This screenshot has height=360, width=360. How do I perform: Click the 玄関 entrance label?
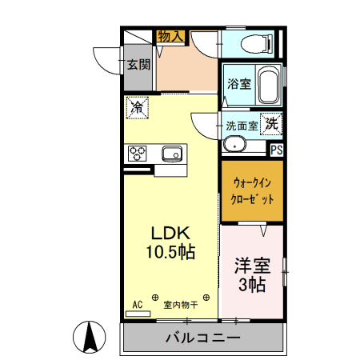pos(138,65)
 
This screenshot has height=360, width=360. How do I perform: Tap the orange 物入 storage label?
pos(171,36)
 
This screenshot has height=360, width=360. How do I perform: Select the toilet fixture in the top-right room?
pos(255,43)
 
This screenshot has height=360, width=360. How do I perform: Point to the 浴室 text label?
pos(238,83)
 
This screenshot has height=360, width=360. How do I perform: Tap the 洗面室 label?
pos(240,125)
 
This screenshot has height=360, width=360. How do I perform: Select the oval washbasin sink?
pos(234,144)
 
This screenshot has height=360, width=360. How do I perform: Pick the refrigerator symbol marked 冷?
pos(138,106)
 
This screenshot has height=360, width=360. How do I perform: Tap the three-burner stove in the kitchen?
pos(137,152)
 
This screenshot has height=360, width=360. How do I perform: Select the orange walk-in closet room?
pos(252,191)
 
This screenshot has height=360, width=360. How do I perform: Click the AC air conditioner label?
pos(137,304)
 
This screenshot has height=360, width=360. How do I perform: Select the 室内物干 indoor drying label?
pos(181,304)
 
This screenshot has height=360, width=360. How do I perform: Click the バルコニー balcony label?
pos(202,338)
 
